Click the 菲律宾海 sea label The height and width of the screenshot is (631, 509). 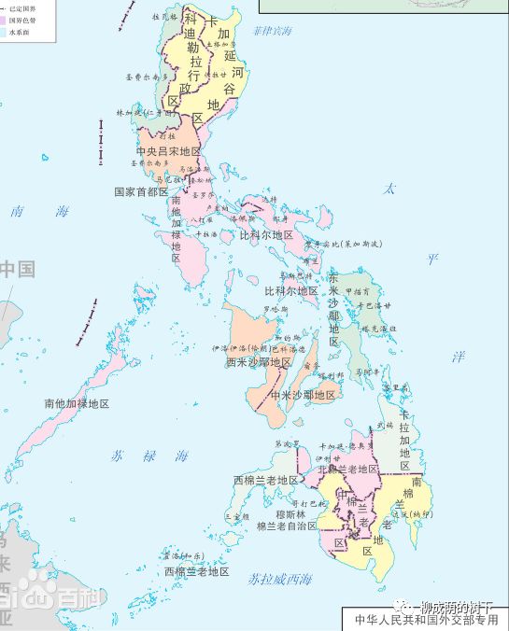(x=272, y=31)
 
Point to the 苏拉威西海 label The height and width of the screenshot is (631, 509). (x=280, y=579)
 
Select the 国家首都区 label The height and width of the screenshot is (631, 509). (x=141, y=192)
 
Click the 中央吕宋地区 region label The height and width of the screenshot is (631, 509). (x=168, y=151)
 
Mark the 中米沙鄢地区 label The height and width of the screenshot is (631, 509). (x=303, y=395)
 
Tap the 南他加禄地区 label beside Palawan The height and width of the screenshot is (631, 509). (x=77, y=404)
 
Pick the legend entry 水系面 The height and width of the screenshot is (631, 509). (x=19, y=32)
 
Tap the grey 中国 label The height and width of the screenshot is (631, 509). (x=16, y=270)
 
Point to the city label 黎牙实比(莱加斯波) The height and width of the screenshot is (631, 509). (x=349, y=244)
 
